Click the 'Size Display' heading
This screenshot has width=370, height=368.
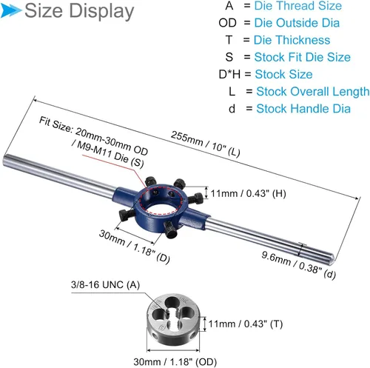[x=79, y=11]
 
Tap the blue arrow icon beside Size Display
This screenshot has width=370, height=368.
[x=10, y=11]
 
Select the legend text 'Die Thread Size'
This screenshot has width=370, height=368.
[x=298, y=6]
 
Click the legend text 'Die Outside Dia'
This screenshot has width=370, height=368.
[x=297, y=23]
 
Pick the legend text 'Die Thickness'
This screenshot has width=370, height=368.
[x=292, y=40]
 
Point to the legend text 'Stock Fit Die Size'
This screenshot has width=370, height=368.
[x=303, y=57]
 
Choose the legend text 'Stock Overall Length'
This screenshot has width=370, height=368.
[x=313, y=92]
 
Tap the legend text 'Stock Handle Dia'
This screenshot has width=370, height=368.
[x=303, y=109]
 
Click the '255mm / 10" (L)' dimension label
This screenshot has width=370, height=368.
[x=206, y=144]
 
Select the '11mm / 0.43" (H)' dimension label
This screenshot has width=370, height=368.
[x=249, y=194]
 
